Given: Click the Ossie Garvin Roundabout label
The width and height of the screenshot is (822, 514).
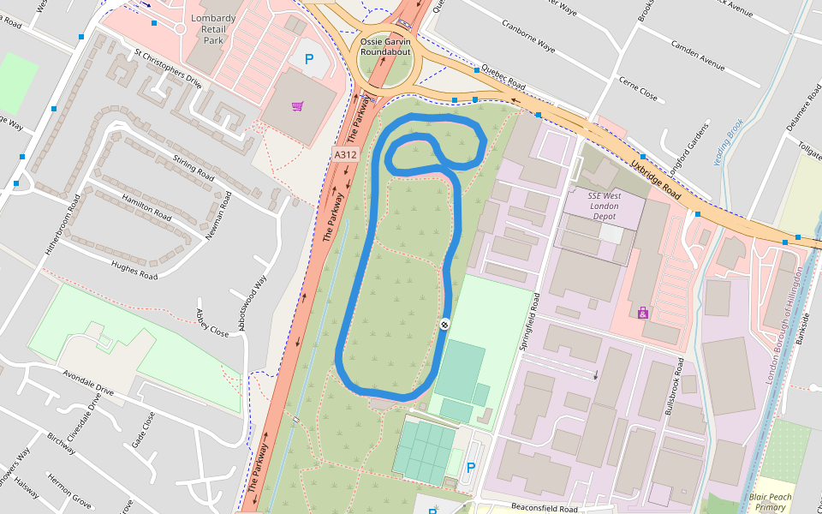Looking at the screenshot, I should [385, 46].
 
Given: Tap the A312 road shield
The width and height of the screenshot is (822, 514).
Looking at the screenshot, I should [345, 154].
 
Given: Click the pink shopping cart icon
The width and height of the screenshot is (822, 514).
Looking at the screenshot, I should [297, 106].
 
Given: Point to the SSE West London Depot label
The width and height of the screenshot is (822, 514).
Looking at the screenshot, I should [604, 206].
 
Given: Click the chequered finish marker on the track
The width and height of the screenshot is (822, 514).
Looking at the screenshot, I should [445, 324].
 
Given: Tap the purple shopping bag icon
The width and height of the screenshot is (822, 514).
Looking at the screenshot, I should [643, 313].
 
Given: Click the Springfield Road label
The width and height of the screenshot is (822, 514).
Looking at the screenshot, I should [527, 322].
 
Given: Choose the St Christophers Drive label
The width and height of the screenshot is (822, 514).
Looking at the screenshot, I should [167, 69].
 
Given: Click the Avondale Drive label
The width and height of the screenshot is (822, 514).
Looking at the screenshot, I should [88, 382].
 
